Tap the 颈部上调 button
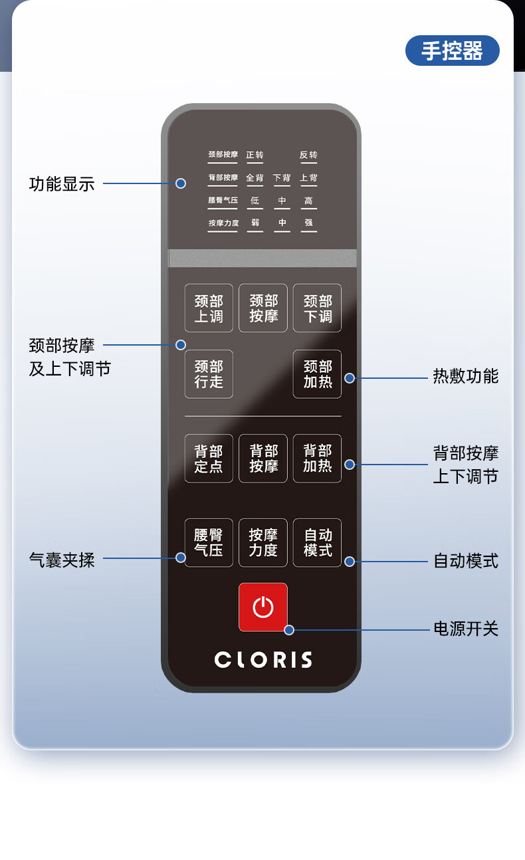209,308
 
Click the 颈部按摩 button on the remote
263,308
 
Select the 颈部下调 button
317,308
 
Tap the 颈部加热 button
317,374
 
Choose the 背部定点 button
209,459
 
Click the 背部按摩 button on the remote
263,459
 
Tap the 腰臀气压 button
209,543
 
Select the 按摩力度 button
263,543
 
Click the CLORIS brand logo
263,660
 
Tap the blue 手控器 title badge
452,51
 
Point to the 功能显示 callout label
62,184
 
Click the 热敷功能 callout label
465,376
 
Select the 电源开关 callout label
465,629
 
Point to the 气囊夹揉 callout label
62,560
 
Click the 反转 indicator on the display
308,156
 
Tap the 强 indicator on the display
308,223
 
